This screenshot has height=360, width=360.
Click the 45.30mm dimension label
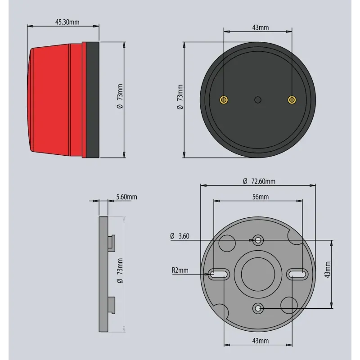67,21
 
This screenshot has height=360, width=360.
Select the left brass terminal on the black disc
224,99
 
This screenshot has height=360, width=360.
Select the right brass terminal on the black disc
292,99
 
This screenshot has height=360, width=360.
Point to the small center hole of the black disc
258,99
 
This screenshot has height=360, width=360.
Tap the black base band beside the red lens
92,99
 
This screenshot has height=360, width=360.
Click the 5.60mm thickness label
126,197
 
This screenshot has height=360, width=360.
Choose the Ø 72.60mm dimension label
259,181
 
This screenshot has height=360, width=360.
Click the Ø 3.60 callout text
180,236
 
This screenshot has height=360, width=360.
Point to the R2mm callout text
180,270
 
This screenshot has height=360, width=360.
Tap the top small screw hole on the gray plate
258,240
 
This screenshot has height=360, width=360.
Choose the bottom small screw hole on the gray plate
258,308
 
